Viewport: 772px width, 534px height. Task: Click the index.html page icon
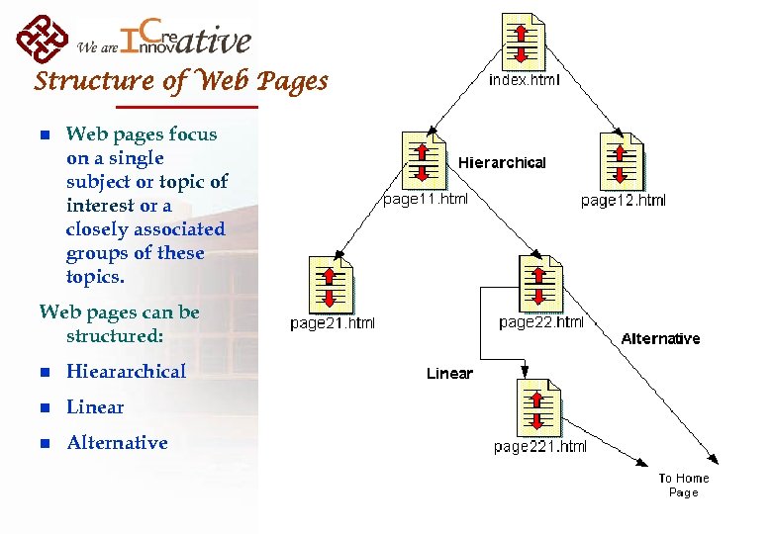[524, 41]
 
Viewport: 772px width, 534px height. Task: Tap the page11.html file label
[426, 199]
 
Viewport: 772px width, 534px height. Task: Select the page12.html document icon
[623, 160]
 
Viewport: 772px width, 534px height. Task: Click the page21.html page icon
[331, 284]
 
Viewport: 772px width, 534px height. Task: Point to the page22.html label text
[540, 322]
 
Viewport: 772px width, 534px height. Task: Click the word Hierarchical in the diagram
[501, 162]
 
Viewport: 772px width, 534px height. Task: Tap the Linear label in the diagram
[449, 374]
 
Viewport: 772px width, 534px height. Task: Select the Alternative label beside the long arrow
[660, 339]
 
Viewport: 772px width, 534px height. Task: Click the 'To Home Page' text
[684, 485]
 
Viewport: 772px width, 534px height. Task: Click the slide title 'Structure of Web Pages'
[181, 81]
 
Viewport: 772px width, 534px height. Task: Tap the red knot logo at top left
[43, 39]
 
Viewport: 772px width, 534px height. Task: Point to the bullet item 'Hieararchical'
[126, 372]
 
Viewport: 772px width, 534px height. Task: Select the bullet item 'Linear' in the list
[95, 407]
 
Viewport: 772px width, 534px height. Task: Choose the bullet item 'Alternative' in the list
[117, 443]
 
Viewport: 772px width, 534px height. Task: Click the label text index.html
[524, 80]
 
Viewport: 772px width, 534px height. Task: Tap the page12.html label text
[623, 201]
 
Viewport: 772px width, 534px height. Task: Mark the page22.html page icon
[540, 283]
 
